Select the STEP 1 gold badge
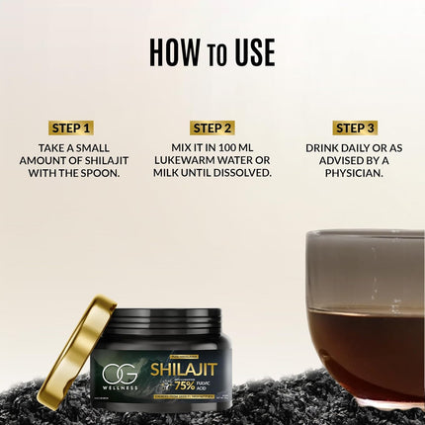(x=70, y=127)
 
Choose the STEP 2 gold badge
(x=212, y=127)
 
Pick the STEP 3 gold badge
(x=354, y=127)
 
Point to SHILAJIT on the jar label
(x=183, y=369)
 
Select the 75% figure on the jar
(x=184, y=386)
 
